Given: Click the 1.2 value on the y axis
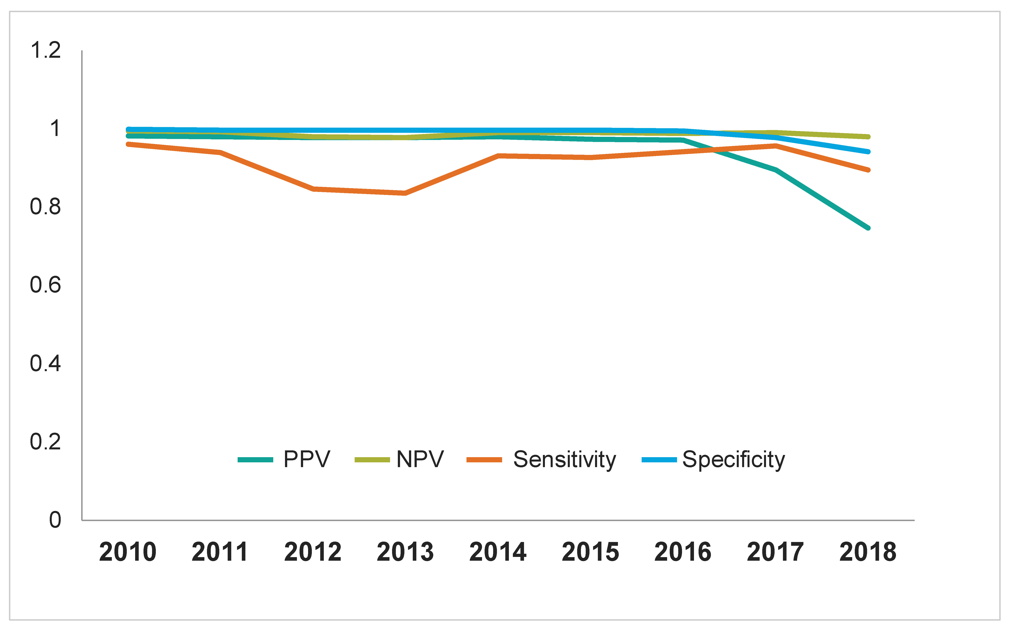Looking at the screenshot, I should [46, 50].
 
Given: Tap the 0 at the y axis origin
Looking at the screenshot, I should [55, 520].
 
